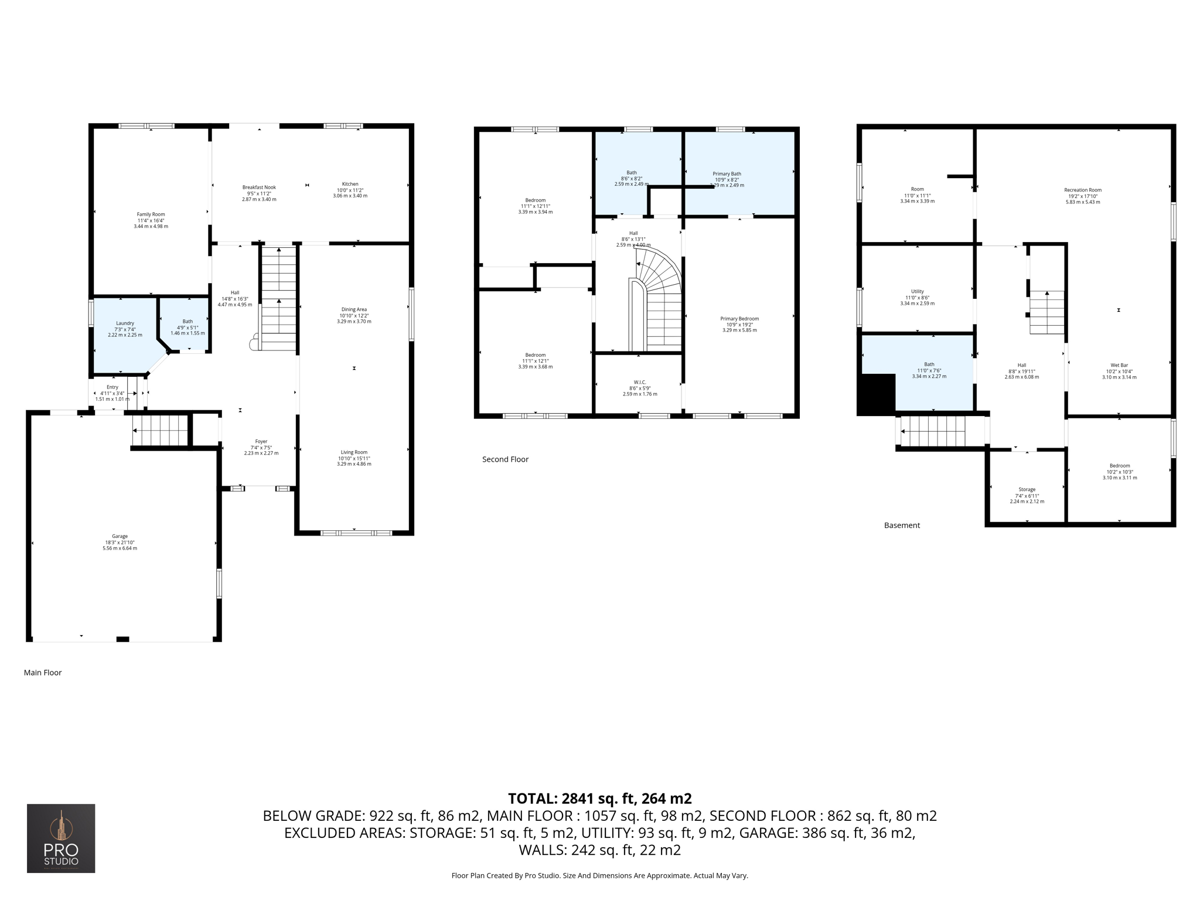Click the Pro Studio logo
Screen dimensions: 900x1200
click(61, 838)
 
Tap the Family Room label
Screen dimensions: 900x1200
click(151, 214)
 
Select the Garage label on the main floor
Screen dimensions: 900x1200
click(120, 536)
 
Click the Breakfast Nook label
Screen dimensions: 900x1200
click(259, 187)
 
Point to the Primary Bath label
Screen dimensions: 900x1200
click(727, 174)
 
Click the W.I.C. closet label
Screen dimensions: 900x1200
click(640, 382)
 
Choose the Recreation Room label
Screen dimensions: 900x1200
click(1083, 190)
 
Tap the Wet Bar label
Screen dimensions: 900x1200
click(1119, 365)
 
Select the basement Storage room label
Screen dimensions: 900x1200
click(1027, 489)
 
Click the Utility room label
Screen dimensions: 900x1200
click(917, 291)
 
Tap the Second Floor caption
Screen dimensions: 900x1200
click(505, 459)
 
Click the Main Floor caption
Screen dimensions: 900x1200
click(43, 673)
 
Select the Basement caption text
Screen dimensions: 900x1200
click(902, 526)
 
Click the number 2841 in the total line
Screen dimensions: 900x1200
click(578, 799)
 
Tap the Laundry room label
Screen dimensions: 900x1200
click(125, 323)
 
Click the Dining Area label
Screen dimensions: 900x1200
click(354, 309)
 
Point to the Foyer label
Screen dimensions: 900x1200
click(261, 441)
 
